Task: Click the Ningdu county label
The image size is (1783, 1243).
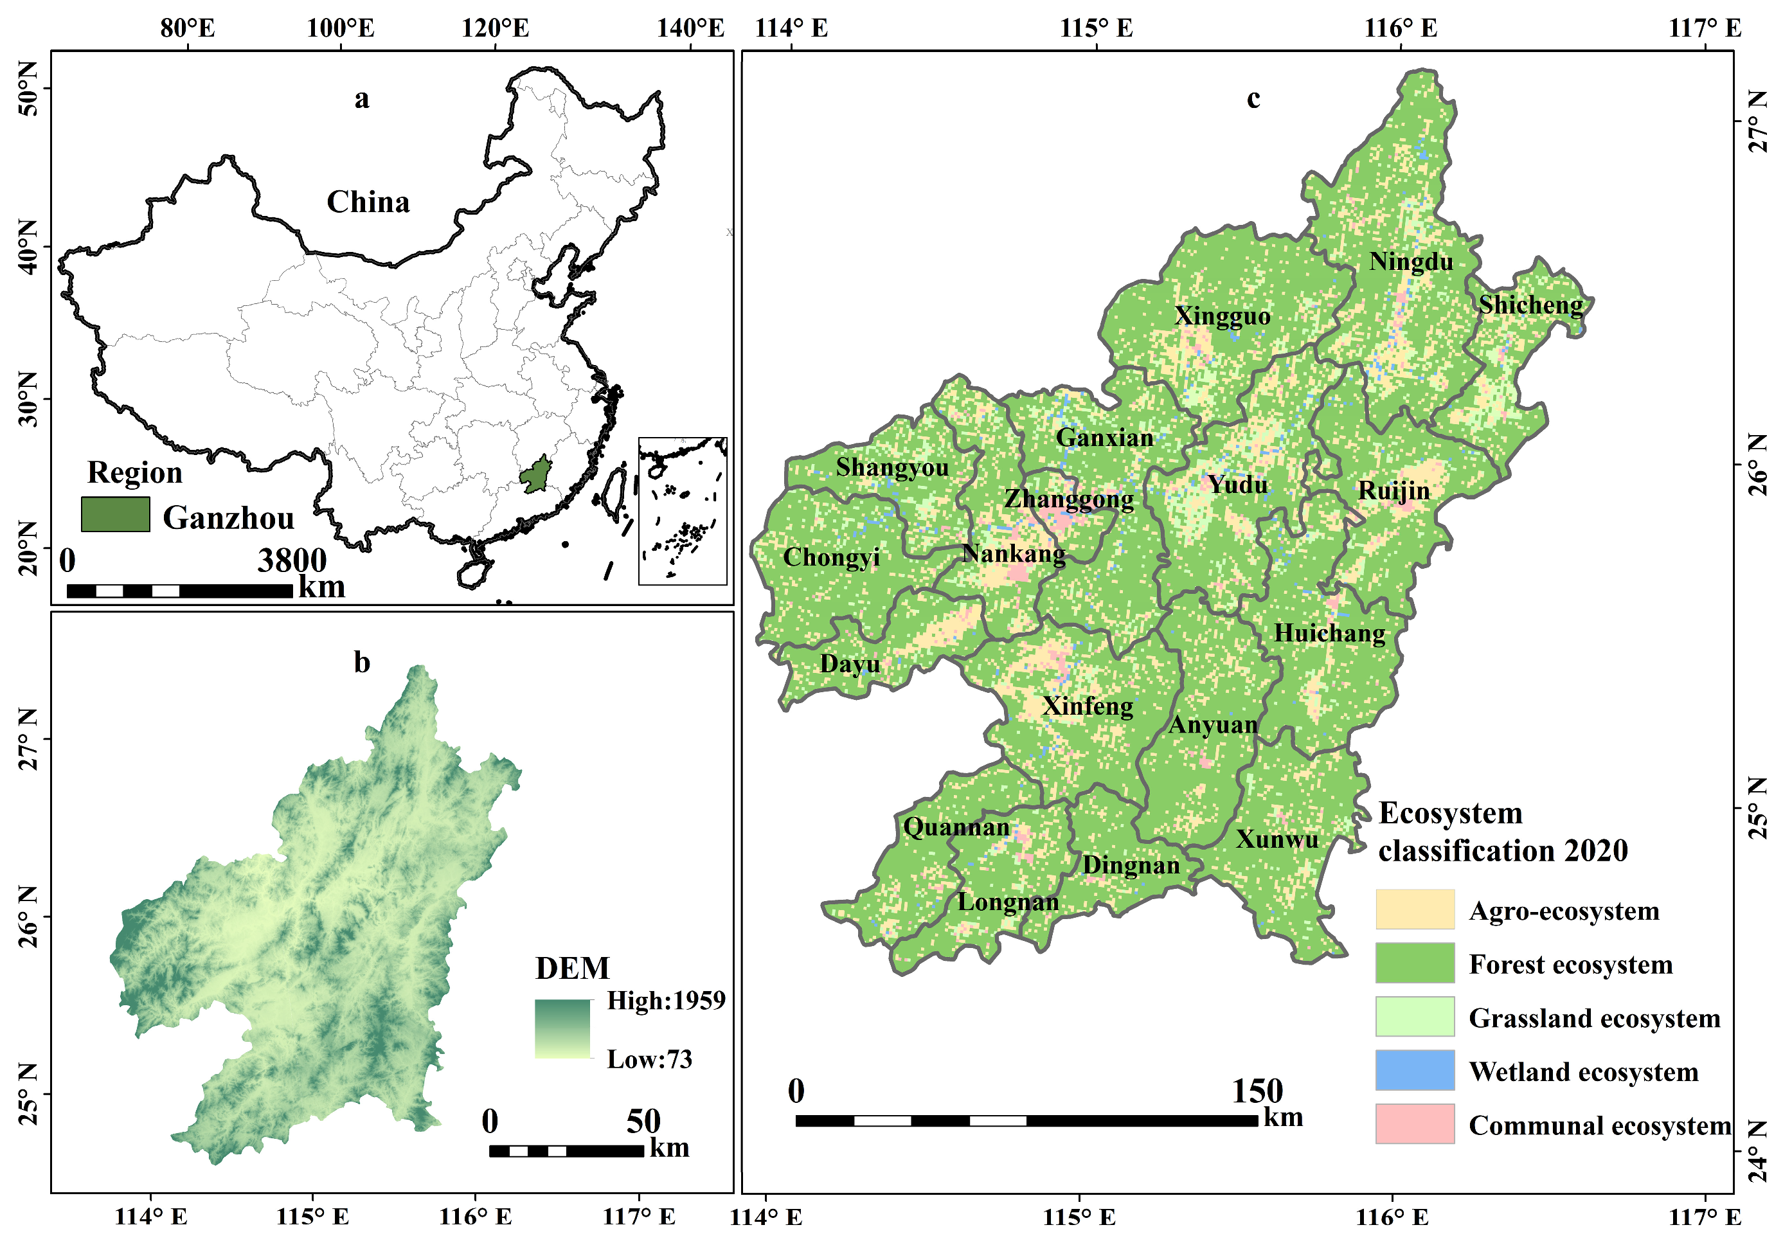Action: point(1410,262)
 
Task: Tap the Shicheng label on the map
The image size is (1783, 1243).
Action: point(1530,305)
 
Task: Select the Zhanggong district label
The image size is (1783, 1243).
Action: point(1068,499)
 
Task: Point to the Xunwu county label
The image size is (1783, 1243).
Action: point(1277,839)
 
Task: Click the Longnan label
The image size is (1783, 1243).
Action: point(1007,902)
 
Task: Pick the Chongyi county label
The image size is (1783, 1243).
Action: point(831,557)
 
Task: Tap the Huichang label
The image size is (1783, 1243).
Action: point(1329,634)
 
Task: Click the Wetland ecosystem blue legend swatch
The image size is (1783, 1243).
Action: point(1414,1071)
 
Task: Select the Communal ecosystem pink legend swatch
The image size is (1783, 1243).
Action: point(1414,1124)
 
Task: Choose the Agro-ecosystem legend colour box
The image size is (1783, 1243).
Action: point(1414,909)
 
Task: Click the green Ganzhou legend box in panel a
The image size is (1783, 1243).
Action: point(115,515)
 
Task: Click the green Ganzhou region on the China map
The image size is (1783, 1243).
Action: point(535,474)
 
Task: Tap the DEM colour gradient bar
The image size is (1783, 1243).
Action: point(562,1029)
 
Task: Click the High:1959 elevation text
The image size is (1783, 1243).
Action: point(665,1001)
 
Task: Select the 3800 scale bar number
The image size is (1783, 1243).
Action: point(292,560)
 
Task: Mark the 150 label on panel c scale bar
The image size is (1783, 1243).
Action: point(1257,1091)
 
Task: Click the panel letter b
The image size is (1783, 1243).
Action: point(362,662)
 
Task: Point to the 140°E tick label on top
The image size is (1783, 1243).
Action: point(690,29)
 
